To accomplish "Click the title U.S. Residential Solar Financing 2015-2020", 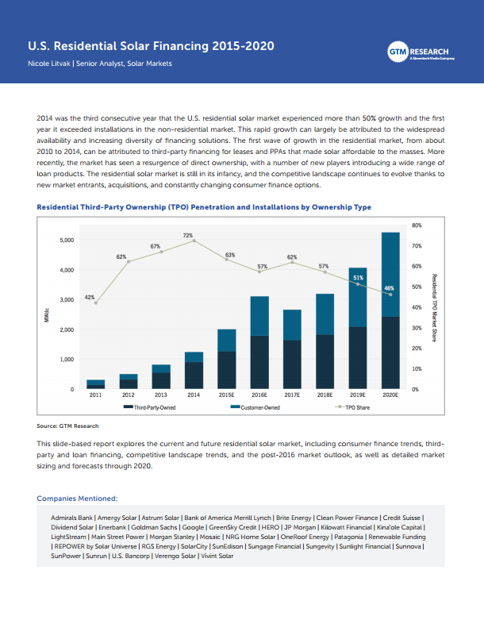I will [152, 46].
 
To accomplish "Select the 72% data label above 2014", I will [188, 235].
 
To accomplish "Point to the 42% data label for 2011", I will [90, 296].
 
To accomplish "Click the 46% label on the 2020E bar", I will [390, 288].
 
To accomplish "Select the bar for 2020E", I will [390, 310].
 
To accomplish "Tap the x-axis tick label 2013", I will [161, 395].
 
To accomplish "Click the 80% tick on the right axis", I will [417, 225].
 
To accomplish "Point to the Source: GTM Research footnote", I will [67, 426].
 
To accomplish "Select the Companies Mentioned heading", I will [77, 499].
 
